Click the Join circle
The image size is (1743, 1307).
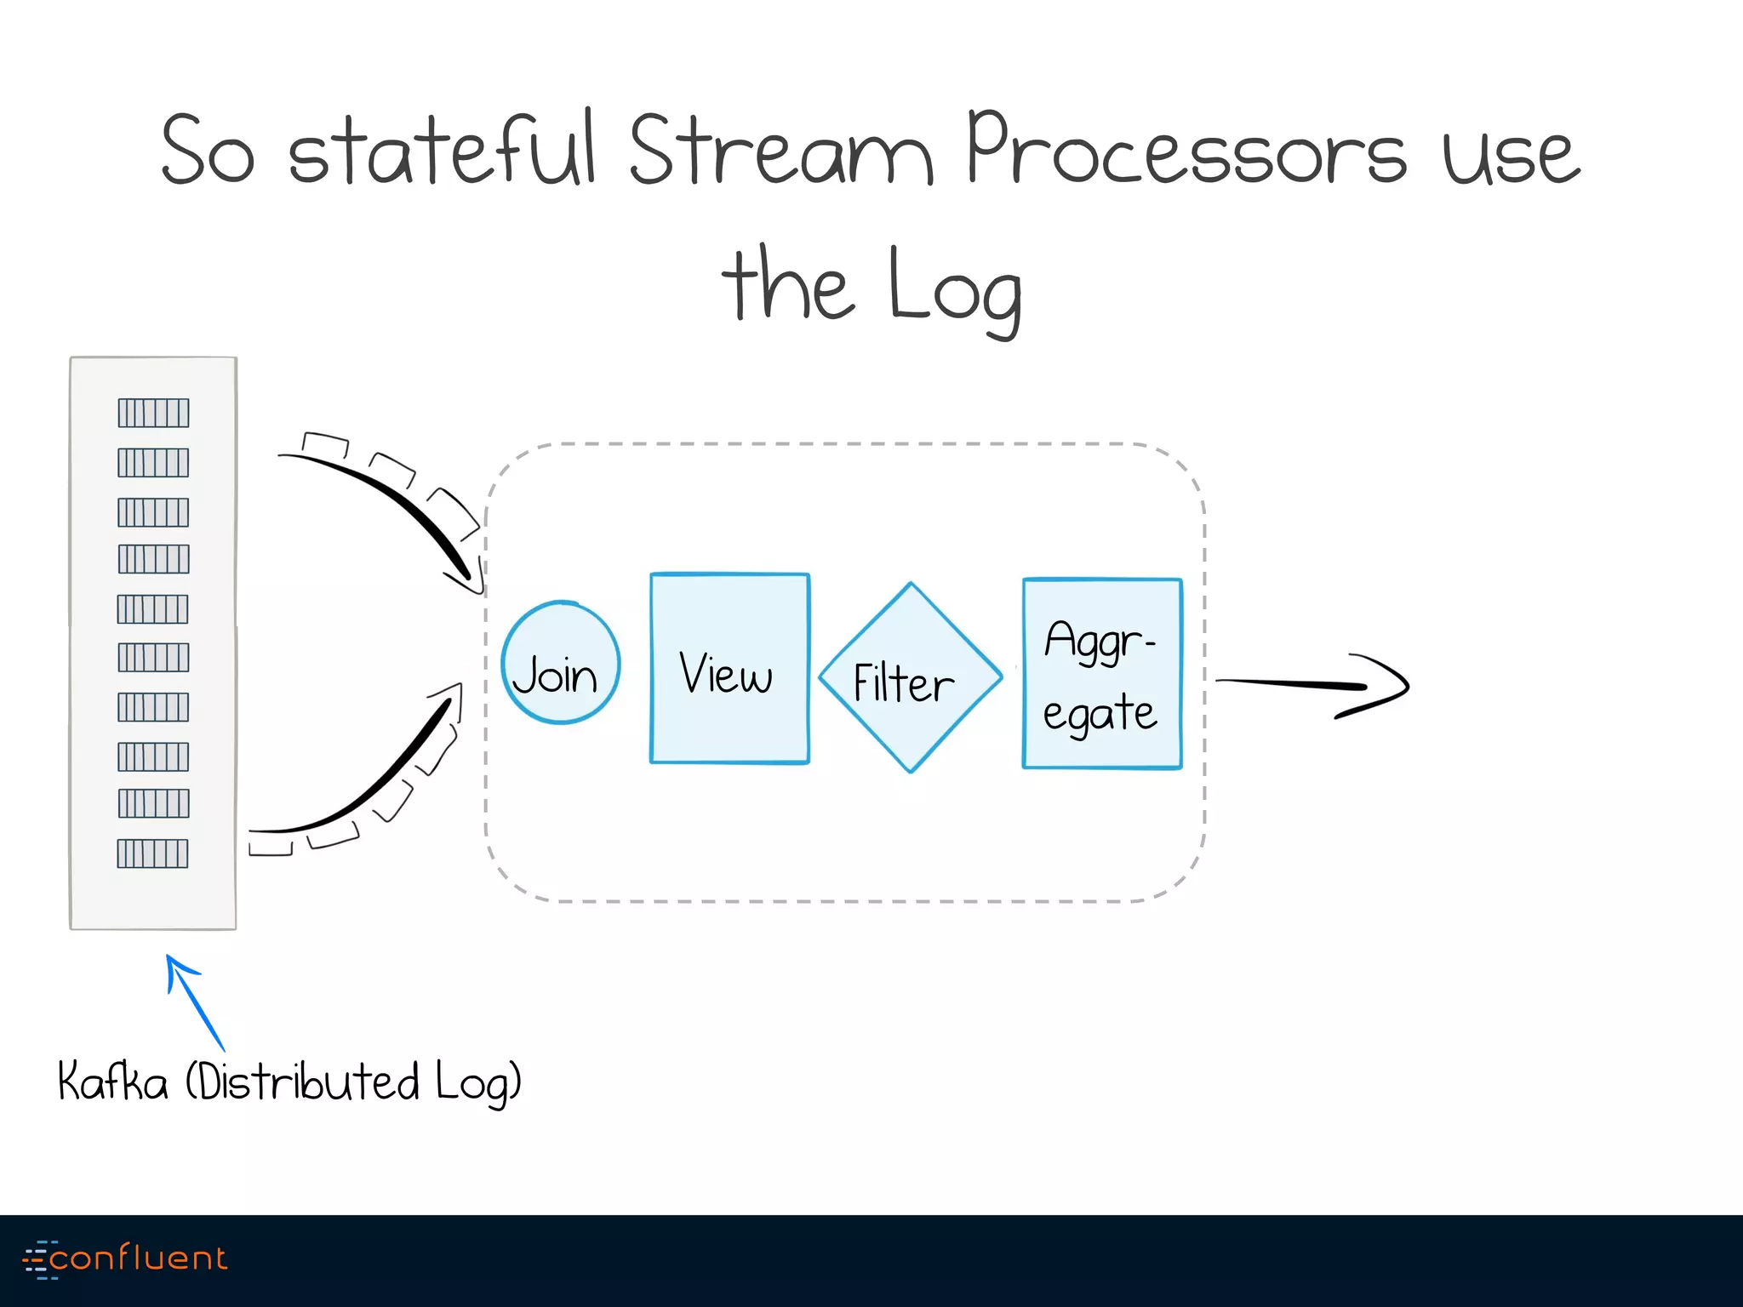coord(560,663)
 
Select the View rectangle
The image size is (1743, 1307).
coord(729,669)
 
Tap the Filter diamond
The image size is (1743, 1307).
coord(910,678)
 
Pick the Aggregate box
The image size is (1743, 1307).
coord(1101,673)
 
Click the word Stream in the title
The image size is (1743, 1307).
coord(780,151)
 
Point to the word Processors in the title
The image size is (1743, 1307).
coord(1186,151)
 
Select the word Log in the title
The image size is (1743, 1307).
coord(954,289)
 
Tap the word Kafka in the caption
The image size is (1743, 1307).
coord(112,1082)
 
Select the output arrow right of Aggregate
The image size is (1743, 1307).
coord(1315,685)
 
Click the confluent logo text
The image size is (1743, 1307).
coord(138,1258)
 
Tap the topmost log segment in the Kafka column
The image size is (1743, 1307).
coord(153,413)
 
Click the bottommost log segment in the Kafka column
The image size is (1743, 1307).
coord(152,853)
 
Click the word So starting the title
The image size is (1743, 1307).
coord(208,151)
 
